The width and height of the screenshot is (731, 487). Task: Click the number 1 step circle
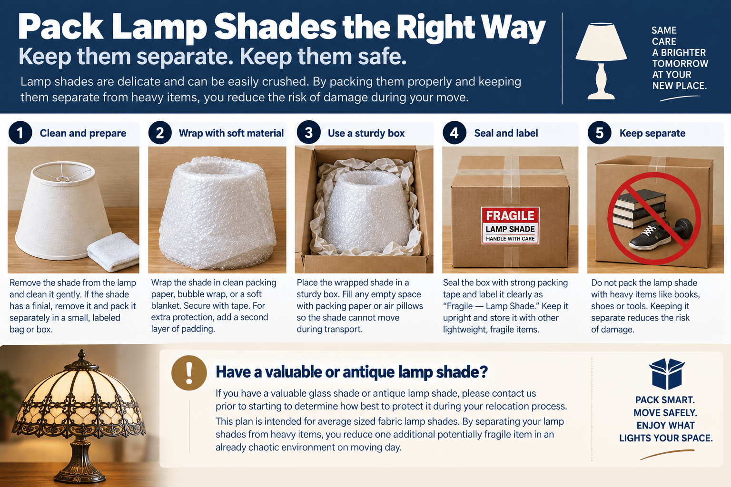pos(20,133)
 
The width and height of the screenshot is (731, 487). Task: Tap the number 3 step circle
pos(309,133)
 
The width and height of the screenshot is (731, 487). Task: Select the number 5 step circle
pos(600,133)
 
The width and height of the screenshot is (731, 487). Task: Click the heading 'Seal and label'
pos(506,133)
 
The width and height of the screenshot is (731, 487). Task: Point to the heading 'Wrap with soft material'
pos(231,133)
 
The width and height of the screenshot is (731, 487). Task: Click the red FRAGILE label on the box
pos(510,225)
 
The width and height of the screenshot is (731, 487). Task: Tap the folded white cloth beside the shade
pos(113,251)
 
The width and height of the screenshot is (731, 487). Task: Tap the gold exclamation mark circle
pos(189,373)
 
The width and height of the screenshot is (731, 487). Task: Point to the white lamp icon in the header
pos(601,61)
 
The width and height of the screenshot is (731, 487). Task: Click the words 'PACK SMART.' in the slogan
pos(665,400)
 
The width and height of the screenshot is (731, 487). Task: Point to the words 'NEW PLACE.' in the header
pos(680,86)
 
